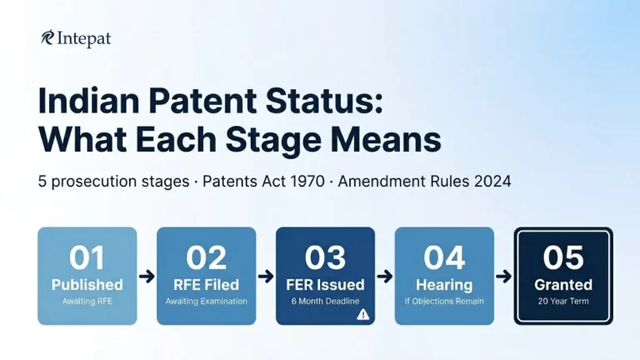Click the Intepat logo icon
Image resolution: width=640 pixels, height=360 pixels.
click(47, 38)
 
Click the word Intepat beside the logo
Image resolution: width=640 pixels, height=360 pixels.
click(84, 38)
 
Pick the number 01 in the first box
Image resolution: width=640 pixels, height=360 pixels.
click(87, 257)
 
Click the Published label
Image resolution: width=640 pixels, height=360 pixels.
click(87, 285)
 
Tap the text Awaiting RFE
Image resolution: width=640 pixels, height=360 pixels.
click(87, 301)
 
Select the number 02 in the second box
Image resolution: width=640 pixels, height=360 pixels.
click(207, 257)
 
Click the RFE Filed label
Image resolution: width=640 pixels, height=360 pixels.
click(207, 285)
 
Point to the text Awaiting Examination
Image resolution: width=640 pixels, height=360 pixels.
click(207, 301)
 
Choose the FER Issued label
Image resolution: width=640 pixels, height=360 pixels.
click(325, 285)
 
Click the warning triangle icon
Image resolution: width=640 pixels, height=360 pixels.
click(362, 314)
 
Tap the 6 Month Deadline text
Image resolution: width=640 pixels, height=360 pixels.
click(325, 301)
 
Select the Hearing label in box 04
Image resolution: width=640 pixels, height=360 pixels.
click(444, 285)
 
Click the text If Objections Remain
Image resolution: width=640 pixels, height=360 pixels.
click(444, 301)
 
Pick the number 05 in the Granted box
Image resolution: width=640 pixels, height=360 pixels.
click(563, 257)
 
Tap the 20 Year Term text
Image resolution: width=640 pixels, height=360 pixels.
click(563, 301)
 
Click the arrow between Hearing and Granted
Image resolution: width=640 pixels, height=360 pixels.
click(503, 276)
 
